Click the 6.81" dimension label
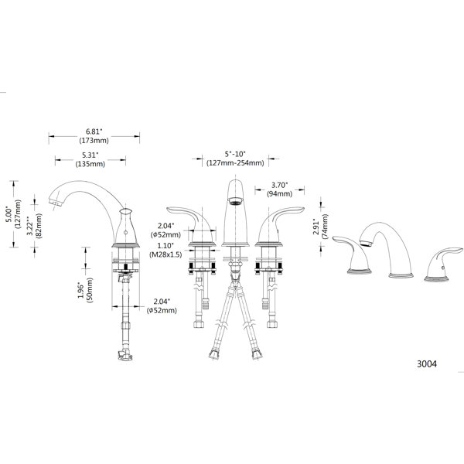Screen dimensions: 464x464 pyautogui.click(x=94, y=131)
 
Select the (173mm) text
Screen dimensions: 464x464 pyautogui.click(x=94, y=141)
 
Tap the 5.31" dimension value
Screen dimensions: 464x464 pyautogui.click(x=90, y=155)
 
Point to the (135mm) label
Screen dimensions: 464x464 pyautogui.click(x=90, y=164)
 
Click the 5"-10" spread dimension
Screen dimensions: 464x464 pyautogui.click(x=235, y=154)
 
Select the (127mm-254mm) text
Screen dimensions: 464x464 pyautogui.click(x=235, y=163)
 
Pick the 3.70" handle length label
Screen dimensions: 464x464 pyautogui.click(x=280, y=186)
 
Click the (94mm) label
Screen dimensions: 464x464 pyautogui.click(x=280, y=194)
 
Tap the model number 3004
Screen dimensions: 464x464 pyautogui.click(x=427, y=364)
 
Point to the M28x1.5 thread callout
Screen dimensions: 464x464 pyautogui.click(x=165, y=254)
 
